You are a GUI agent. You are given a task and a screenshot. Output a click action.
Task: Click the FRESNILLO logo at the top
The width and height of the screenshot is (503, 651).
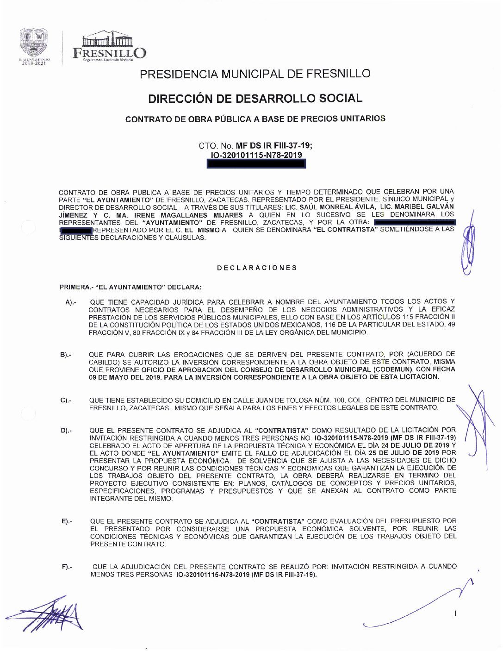click(x=109, y=47)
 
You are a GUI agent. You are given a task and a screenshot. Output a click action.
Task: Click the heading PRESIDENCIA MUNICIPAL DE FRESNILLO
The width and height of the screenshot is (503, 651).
click(x=255, y=74)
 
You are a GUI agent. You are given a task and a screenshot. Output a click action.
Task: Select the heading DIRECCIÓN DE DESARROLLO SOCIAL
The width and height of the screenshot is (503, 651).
click(x=255, y=99)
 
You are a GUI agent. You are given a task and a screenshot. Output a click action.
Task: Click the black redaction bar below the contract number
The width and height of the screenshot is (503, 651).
click(x=256, y=163)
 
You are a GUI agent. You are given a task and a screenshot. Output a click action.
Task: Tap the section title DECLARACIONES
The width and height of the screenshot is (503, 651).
click(x=257, y=268)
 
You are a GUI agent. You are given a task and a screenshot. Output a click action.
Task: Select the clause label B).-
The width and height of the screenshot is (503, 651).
click(x=65, y=355)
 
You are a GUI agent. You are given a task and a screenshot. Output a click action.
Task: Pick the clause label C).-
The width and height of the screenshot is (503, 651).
click(x=66, y=400)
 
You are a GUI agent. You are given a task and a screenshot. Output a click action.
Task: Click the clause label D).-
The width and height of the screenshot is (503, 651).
click(x=66, y=431)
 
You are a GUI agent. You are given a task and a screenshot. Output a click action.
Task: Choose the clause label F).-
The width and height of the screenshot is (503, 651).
click(x=67, y=567)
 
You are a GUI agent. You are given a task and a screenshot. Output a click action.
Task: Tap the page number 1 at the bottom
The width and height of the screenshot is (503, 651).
click(x=455, y=613)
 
